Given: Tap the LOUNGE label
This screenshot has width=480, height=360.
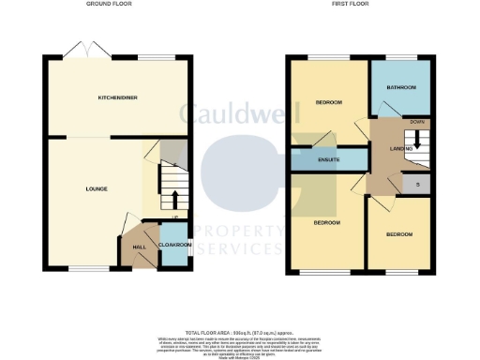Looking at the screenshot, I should (96, 188).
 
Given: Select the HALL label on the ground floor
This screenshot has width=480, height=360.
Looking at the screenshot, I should (139, 247).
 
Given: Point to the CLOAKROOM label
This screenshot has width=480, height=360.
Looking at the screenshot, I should (174, 246).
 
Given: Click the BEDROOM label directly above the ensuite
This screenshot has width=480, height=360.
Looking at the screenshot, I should (327, 101).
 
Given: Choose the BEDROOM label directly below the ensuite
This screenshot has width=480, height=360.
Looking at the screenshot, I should (326, 222).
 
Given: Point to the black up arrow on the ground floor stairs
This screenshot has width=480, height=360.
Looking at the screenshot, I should (173, 200).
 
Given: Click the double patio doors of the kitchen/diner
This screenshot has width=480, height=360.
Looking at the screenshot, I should (88, 49).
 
